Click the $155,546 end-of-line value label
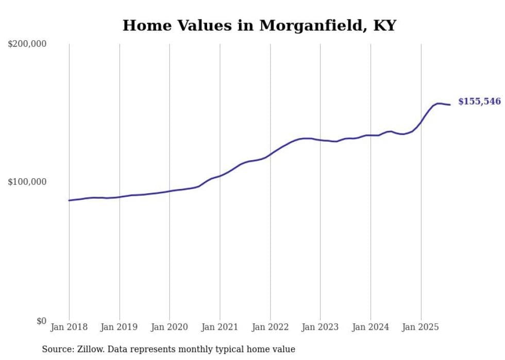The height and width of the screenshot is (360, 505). click(x=479, y=101)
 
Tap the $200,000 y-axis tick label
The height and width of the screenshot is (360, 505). click(x=27, y=44)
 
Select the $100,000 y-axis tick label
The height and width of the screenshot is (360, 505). click(x=27, y=182)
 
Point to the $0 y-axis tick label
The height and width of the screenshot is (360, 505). click(x=41, y=321)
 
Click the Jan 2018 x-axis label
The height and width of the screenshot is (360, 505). click(x=69, y=328)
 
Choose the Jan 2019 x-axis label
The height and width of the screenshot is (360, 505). click(x=120, y=328)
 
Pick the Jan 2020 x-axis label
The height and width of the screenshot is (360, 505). click(x=170, y=328)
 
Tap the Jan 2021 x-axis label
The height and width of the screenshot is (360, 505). click(x=220, y=328)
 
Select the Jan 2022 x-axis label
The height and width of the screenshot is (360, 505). click(x=270, y=328)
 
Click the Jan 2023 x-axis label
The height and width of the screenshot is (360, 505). click(x=320, y=328)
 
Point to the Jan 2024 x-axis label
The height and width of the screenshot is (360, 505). click(x=371, y=328)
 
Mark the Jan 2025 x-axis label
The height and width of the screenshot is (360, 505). click(x=420, y=328)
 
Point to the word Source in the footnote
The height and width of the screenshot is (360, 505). click(x=56, y=350)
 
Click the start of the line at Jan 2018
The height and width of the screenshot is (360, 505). click(x=69, y=200)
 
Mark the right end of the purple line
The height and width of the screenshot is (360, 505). click(x=450, y=105)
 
